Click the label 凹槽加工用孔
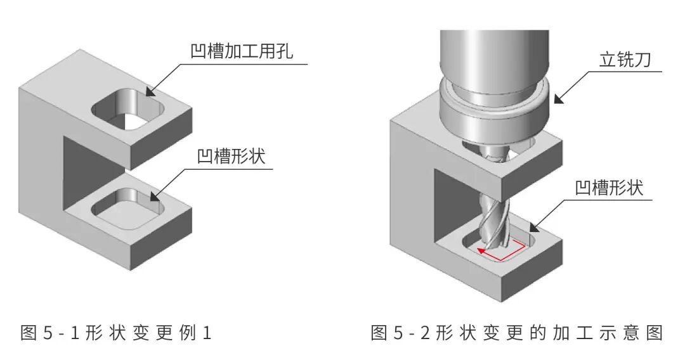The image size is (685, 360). click(242, 51)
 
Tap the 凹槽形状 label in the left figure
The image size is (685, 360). click(231, 156)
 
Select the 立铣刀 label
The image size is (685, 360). click(625, 60)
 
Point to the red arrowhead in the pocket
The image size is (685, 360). click(481, 251)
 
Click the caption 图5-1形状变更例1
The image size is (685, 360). click(116, 333)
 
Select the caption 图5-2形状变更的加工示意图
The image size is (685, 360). click(518, 333)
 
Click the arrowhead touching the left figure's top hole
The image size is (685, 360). click(150, 91)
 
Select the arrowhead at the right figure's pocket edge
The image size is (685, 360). click(534, 227)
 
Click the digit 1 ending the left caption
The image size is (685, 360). click(207, 333)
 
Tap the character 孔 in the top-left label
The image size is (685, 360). click(284, 51)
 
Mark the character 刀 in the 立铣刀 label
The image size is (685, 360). click(642, 60)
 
